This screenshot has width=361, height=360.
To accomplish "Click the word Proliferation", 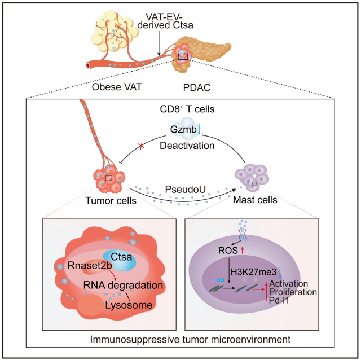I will [x=293, y=292].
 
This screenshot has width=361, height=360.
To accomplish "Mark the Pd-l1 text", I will [x=280, y=302].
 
